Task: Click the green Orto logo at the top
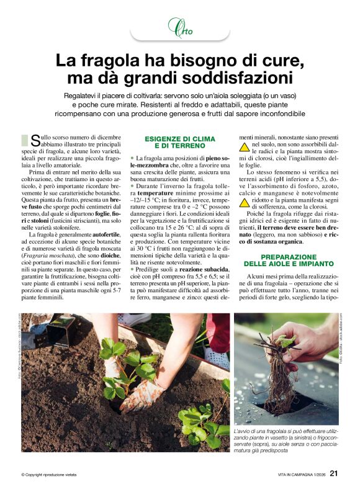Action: click(179, 27)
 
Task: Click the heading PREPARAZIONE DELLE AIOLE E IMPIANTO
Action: click(285, 261)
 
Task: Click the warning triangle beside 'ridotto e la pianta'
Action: click(245, 202)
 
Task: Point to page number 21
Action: click(333, 474)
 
